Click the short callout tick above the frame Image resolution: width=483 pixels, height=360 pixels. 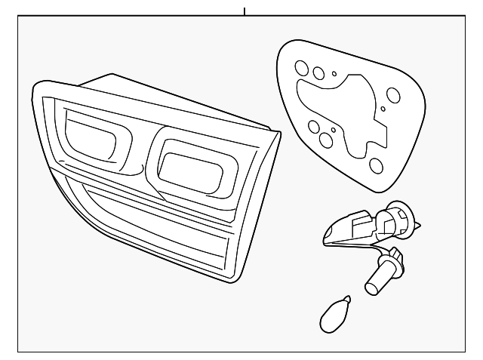tap(245, 11)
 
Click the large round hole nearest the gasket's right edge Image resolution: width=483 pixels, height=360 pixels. tap(393, 96)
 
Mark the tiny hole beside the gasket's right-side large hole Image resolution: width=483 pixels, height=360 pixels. tap(383, 109)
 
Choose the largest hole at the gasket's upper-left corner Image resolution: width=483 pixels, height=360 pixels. tap(301, 67)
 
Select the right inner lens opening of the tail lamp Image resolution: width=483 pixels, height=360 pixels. tap(192, 170)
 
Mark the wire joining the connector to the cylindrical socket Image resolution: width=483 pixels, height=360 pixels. tap(386, 250)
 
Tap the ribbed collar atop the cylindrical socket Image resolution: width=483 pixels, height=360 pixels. tap(392, 263)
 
